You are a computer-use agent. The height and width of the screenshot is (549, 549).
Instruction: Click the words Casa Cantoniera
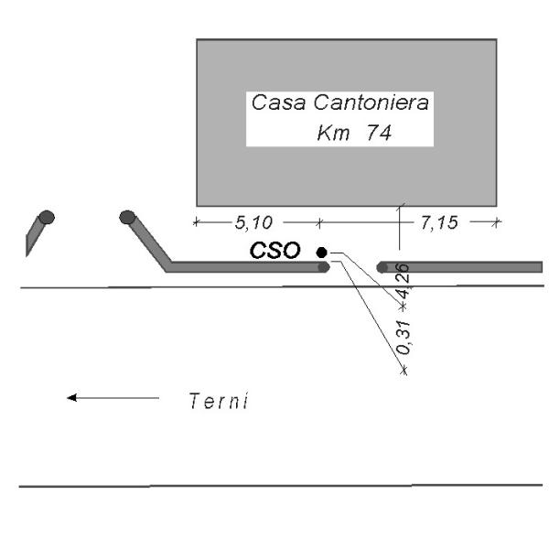coord(340,104)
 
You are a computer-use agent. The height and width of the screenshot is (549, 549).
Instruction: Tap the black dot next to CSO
coord(321,252)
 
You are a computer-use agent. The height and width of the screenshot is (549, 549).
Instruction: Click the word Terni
coord(218,400)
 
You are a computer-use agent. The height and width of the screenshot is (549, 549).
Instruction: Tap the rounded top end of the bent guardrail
coord(127,218)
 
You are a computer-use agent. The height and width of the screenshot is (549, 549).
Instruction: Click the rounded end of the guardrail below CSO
coord(322,267)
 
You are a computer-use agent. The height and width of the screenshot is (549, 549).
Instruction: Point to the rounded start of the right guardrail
coord(382,267)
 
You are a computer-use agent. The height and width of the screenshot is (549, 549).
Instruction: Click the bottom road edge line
coord(274,486)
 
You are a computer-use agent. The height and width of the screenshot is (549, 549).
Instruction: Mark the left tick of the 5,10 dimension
coord(196,221)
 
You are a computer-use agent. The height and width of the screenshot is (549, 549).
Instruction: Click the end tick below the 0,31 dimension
coord(404,371)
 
